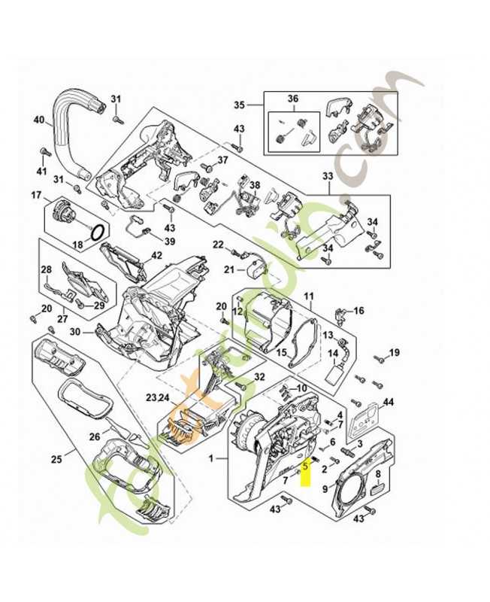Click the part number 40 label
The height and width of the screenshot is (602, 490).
39,119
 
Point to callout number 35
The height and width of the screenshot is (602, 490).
240,105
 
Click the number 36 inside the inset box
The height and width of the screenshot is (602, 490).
293,99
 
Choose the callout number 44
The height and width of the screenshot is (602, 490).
389,402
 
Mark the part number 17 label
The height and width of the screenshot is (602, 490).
36,196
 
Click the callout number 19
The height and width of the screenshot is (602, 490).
395,353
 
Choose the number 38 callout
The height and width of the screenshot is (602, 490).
255,186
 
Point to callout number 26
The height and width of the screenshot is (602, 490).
95,436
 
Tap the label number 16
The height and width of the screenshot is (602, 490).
358,310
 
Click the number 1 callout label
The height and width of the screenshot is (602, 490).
212,458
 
